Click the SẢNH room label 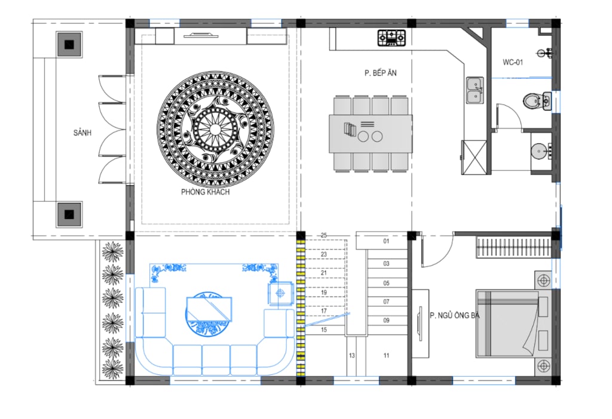click(x=82, y=133)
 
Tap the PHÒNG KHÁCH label click(x=206, y=192)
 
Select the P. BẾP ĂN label click(x=381, y=73)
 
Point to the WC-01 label click(x=513, y=62)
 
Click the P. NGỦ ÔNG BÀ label click(x=455, y=315)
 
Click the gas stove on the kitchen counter click(x=391, y=38)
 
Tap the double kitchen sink click(x=475, y=90)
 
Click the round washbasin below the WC click(x=539, y=150)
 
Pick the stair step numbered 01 click(x=386, y=241)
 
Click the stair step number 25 click(x=324, y=235)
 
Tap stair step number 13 click(x=351, y=356)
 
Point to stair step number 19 click(x=324, y=292)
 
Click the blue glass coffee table click(x=209, y=309)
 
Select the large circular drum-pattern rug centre click(x=215, y=130)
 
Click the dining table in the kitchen click(x=371, y=134)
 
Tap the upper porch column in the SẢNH click(x=69, y=44)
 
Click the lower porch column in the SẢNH click(x=69, y=214)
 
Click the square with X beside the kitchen click(x=475, y=157)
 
